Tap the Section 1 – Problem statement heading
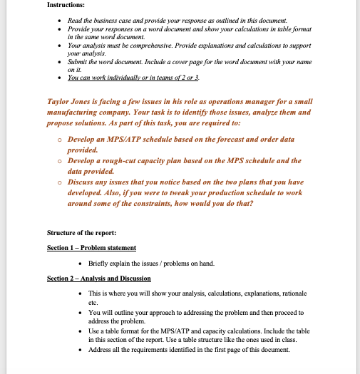point(91,247)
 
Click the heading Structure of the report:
point(83,233)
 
